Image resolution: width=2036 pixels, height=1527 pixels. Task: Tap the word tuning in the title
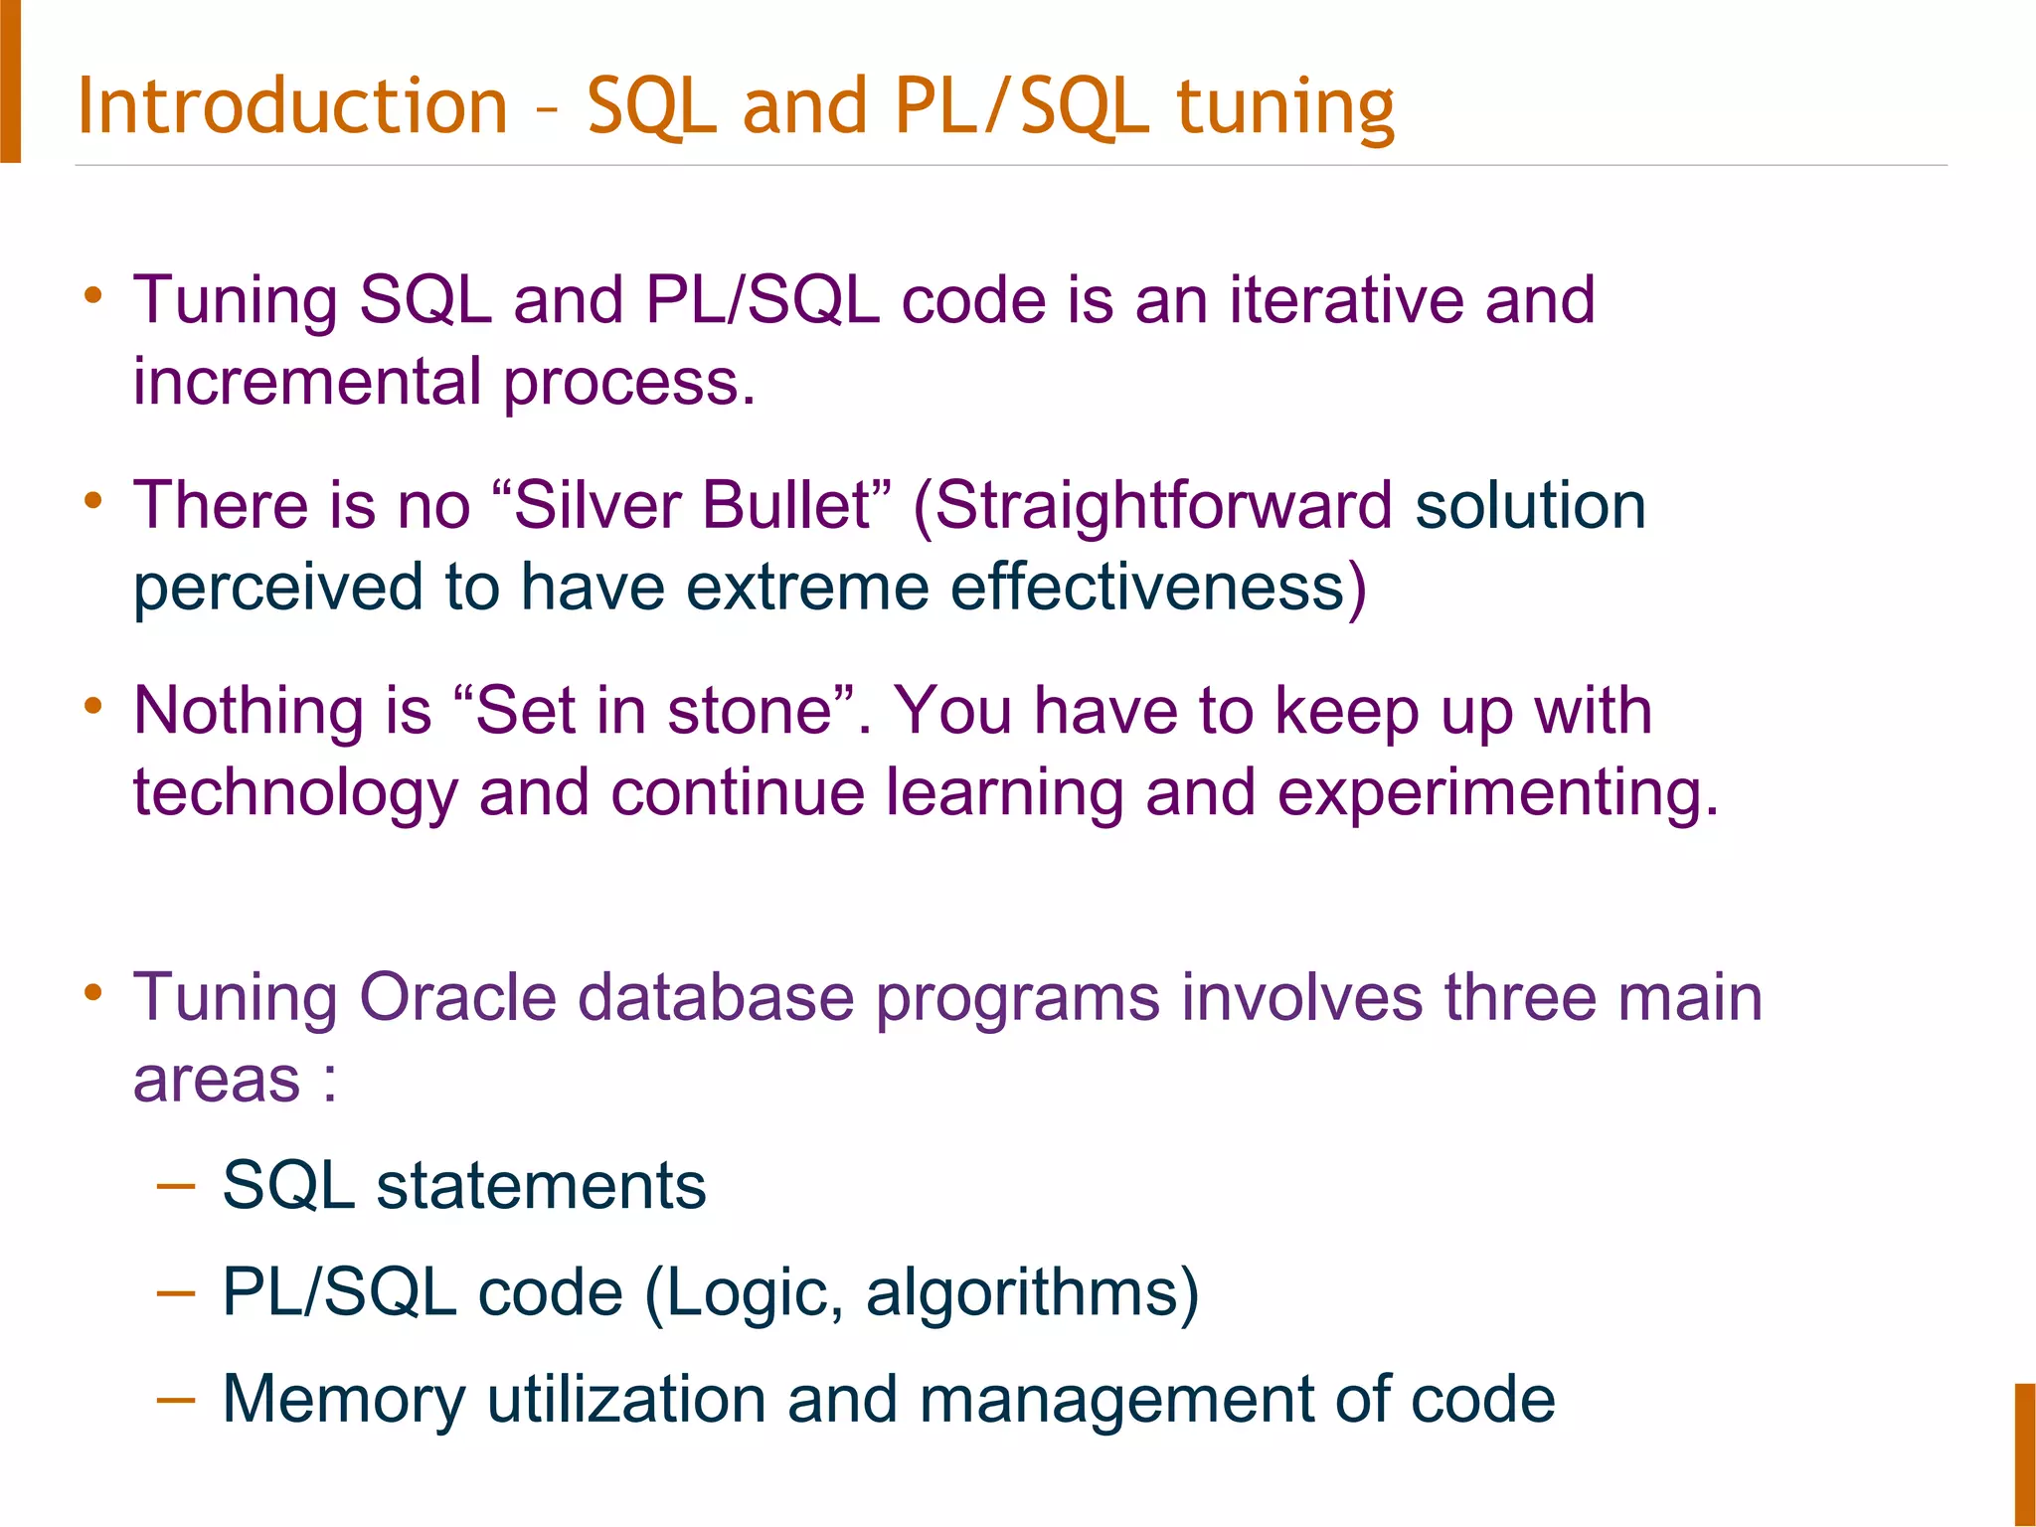click(x=1285, y=107)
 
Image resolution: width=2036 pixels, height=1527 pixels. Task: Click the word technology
click(x=295, y=795)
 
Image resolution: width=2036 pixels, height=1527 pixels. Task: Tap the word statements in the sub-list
click(x=541, y=1186)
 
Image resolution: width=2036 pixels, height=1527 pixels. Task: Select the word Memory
click(x=343, y=1400)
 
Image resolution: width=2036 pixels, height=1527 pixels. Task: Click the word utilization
click(x=625, y=1399)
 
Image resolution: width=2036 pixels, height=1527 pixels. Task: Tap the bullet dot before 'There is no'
click(x=93, y=500)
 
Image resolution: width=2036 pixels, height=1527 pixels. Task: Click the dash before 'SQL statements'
click(x=176, y=1185)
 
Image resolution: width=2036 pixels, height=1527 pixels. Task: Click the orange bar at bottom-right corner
click(x=2025, y=1454)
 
